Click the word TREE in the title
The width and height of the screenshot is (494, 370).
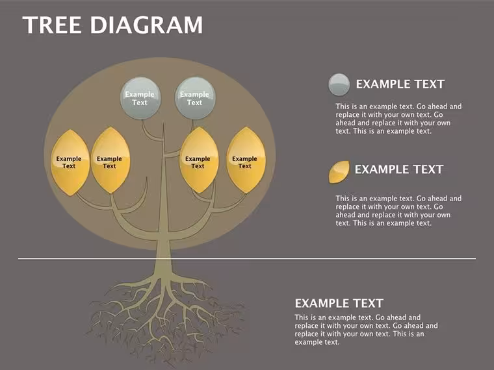[52, 25]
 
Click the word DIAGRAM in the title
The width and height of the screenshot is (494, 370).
[147, 25]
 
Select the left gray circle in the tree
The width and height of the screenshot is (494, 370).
[140, 99]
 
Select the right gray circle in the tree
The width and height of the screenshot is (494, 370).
[196, 99]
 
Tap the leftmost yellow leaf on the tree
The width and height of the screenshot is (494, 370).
[70, 162]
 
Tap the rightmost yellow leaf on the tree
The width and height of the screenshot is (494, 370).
[246, 160]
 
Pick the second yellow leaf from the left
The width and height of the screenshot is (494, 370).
[110, 160]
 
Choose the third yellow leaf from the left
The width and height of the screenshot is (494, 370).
[199, 160]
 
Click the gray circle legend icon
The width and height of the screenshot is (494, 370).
[339, 84]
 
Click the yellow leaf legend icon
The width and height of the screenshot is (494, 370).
[339, 172]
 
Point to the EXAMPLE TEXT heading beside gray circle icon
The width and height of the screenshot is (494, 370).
[400, 84]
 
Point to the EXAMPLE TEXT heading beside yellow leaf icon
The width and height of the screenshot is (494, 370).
[399, 169]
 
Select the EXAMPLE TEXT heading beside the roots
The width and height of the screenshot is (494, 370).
[339, 304]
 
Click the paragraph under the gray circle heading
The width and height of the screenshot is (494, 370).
[398, 119]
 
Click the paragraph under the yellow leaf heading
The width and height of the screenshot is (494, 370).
[398, 211]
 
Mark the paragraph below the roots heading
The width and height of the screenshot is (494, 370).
[366, 330]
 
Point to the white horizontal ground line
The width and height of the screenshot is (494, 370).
[247, 259]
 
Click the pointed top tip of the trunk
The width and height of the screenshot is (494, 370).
[164, 123]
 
